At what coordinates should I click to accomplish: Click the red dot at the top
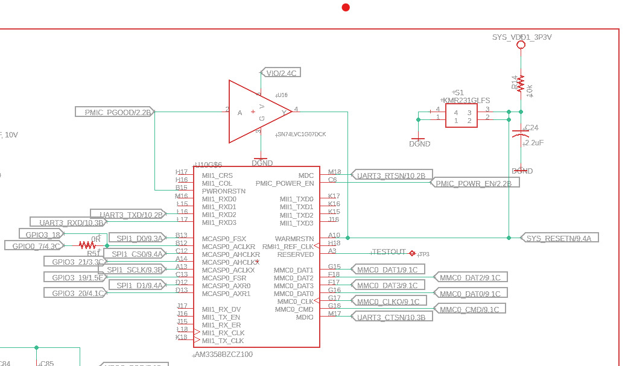point(346,7)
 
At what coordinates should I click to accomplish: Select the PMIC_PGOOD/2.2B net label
point(115,112)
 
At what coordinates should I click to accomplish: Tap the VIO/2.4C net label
point(281,73)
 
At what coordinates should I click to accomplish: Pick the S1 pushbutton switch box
point(461,116)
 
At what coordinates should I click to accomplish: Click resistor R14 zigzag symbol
point(521,83)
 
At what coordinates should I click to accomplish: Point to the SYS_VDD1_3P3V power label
point(522,37)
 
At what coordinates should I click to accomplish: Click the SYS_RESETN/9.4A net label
point(559,238)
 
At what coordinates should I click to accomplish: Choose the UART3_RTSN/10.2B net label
point(392,175)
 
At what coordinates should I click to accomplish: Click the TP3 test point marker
point(413,253)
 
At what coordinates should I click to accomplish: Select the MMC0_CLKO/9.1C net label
point(388,301)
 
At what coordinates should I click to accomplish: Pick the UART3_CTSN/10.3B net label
point(392,317)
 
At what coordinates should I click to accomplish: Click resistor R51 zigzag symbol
point(87,245)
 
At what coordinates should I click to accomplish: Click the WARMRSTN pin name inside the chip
point(294,239)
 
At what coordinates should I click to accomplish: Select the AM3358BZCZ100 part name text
point(223,355)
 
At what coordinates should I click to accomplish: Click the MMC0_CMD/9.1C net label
point(469,309)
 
